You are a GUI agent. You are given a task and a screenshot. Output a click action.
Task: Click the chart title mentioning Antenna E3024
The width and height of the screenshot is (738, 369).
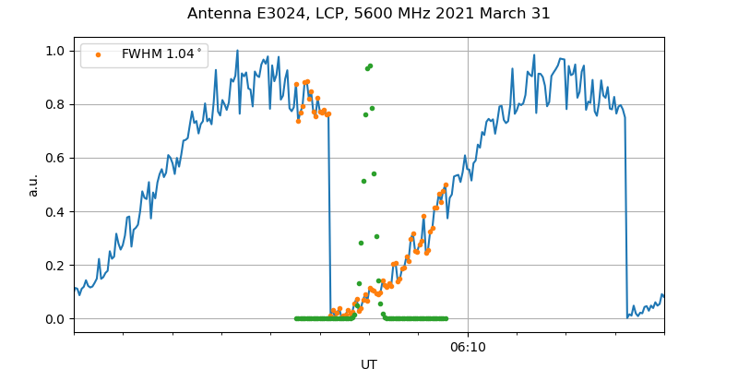pos(368,14)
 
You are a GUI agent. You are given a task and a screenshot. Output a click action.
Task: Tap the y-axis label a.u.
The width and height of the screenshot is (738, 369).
pos(33,184)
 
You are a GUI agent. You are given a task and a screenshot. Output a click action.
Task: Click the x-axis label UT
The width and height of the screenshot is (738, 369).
pos(368,364)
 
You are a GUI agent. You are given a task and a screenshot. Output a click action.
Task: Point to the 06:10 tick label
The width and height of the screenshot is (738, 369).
pos(468,348)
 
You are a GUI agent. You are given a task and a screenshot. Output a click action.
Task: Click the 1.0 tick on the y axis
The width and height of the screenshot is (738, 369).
pos(54,51)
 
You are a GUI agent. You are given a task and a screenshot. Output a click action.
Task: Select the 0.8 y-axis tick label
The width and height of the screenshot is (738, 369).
pos(54,104)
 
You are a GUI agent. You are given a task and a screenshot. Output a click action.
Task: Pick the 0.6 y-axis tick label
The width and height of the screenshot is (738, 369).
pos(54,158)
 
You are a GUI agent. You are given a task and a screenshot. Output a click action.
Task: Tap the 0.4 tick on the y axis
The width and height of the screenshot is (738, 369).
pos(54,211)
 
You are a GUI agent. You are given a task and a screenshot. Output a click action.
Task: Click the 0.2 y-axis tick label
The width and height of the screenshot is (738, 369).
pos(54,265)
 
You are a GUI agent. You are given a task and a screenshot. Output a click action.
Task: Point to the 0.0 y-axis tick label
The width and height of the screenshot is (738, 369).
pos(54,319)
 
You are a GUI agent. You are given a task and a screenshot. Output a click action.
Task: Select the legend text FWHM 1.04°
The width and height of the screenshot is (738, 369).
pos(161,54)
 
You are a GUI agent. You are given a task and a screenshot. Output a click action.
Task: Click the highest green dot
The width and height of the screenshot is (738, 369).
pos(370,65)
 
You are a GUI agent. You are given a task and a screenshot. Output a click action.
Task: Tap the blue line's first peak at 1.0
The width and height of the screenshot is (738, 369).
pos(237,51)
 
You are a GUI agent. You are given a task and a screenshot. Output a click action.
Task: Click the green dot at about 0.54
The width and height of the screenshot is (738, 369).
pos(374,173)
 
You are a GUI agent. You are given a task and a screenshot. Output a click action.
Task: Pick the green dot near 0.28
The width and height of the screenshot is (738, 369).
pos(361,243)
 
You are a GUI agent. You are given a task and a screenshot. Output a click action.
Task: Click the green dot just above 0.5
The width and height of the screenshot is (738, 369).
pos(363,181)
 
